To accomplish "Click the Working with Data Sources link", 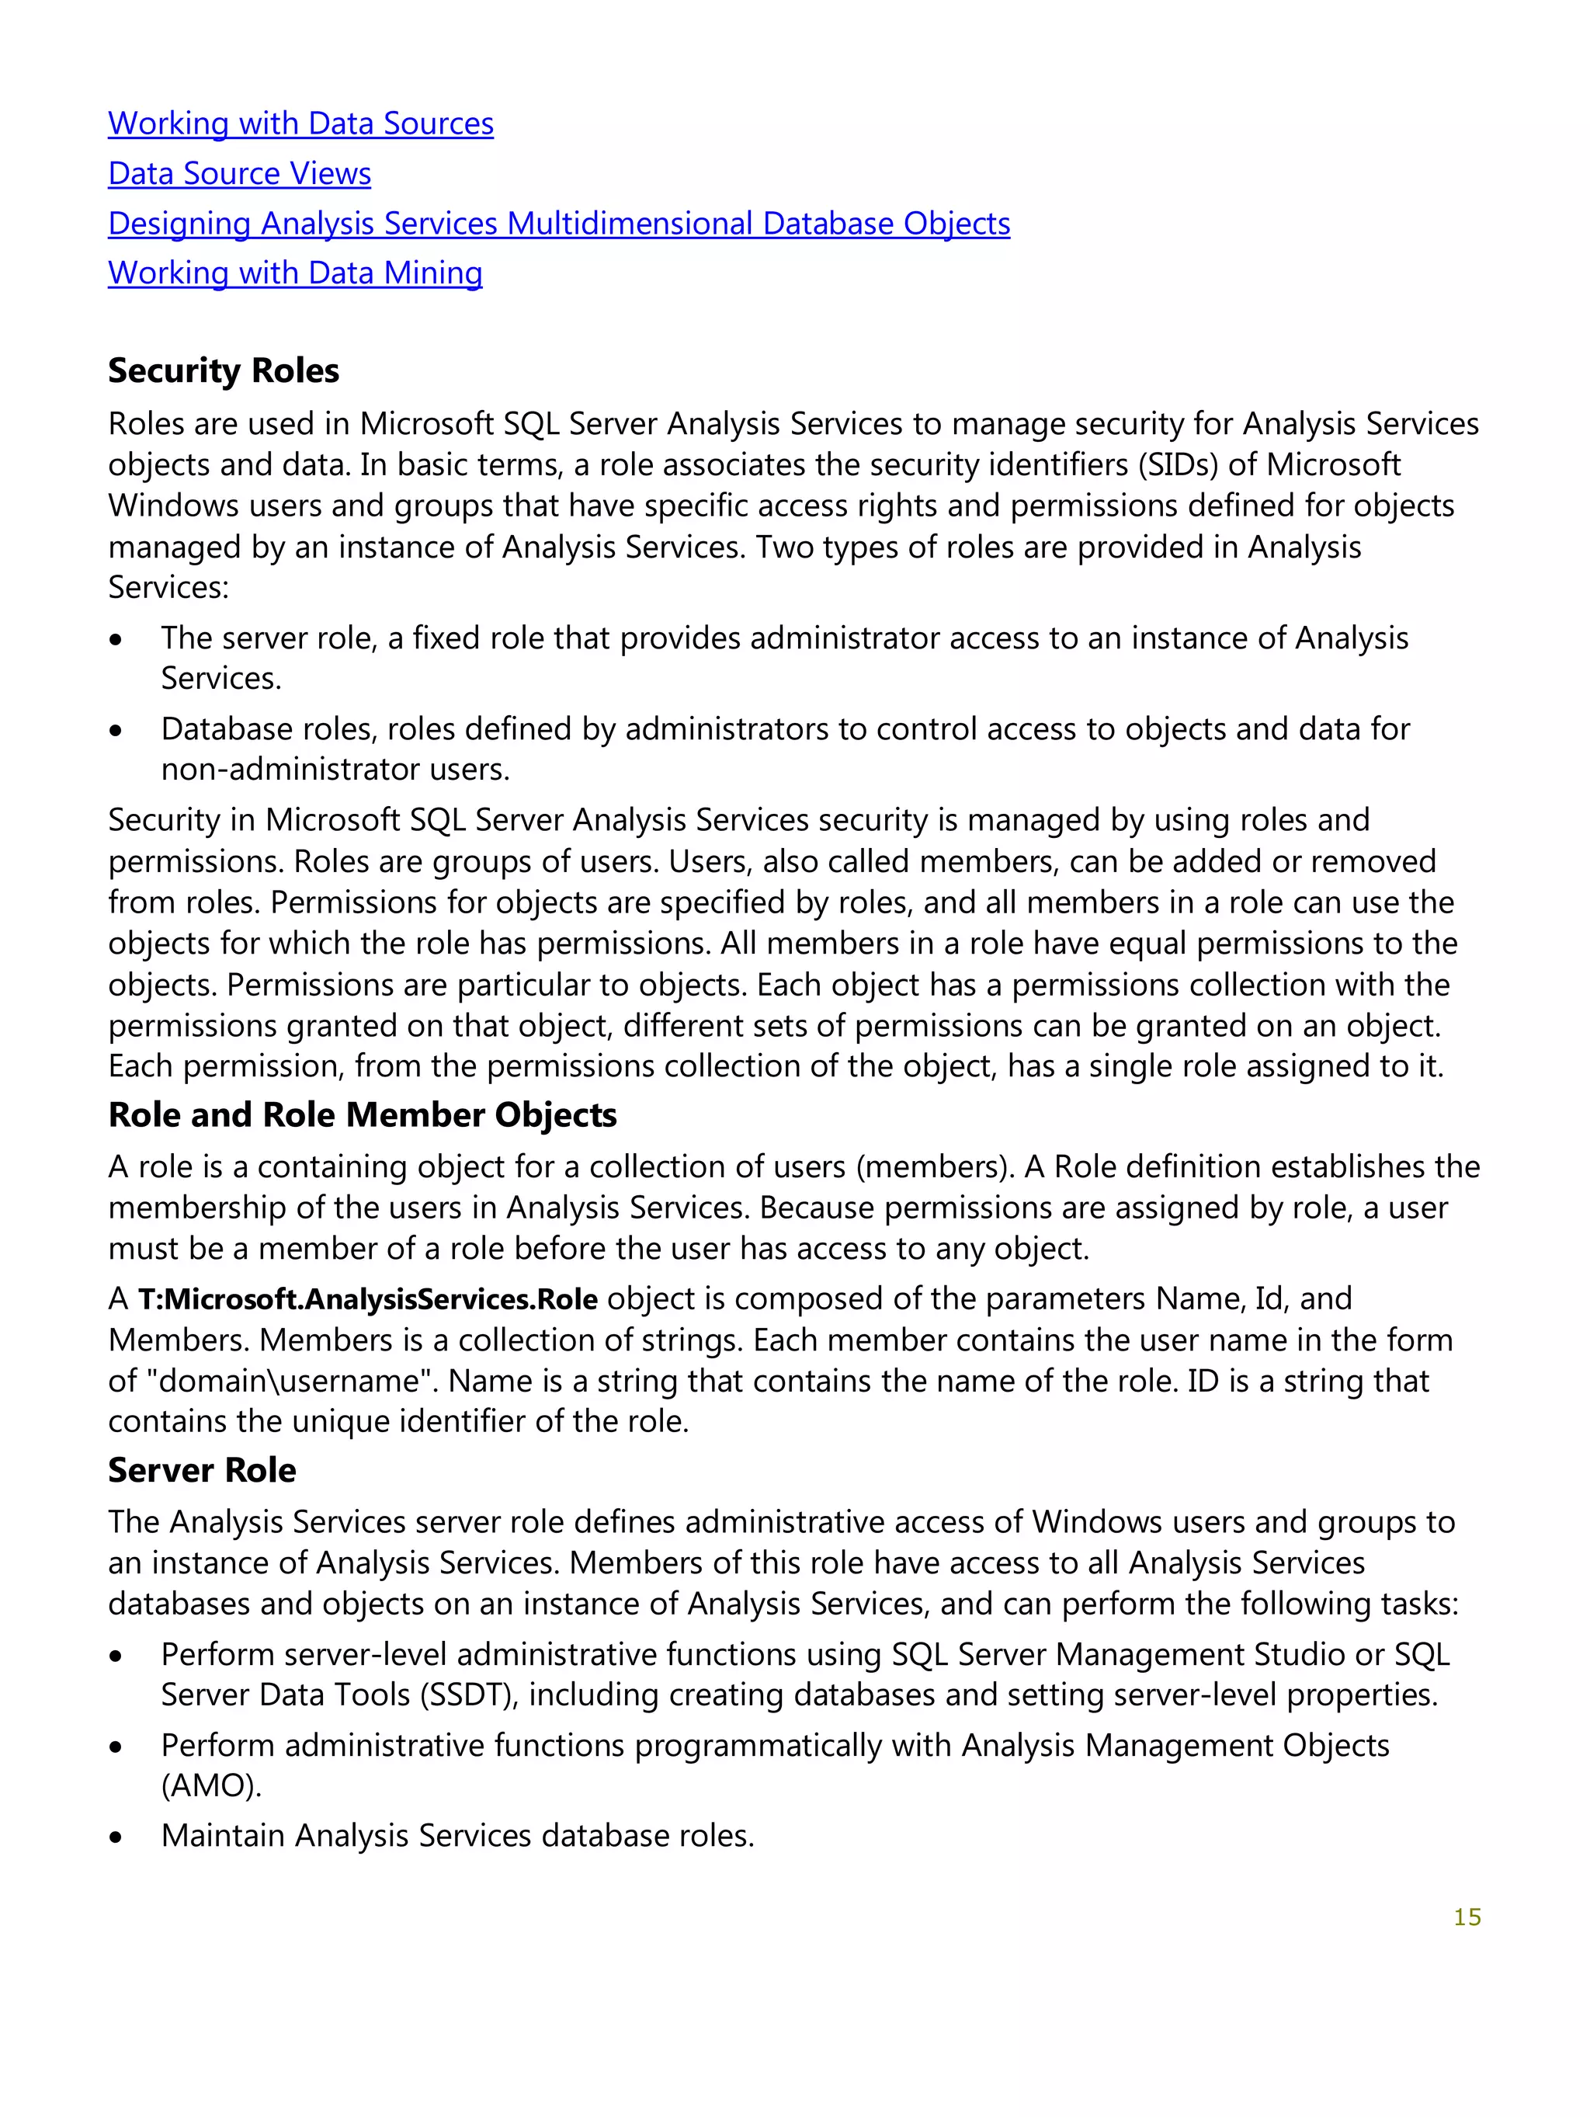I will (x=300, y=123).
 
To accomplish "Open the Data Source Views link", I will (x=239, y=173).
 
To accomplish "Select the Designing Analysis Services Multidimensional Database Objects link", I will (x=559, y=223).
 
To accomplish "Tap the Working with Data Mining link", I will (x=295, y=273).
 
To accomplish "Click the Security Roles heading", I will (x=223, y=370).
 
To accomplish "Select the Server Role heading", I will (x=202, y=1470).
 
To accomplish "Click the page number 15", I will (x=1467, y=1917).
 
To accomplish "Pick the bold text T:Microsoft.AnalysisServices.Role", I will (x=367, y=1298).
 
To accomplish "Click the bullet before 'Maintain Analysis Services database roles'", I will (x=116, y=1837).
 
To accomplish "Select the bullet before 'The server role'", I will (x=116, y=639).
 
